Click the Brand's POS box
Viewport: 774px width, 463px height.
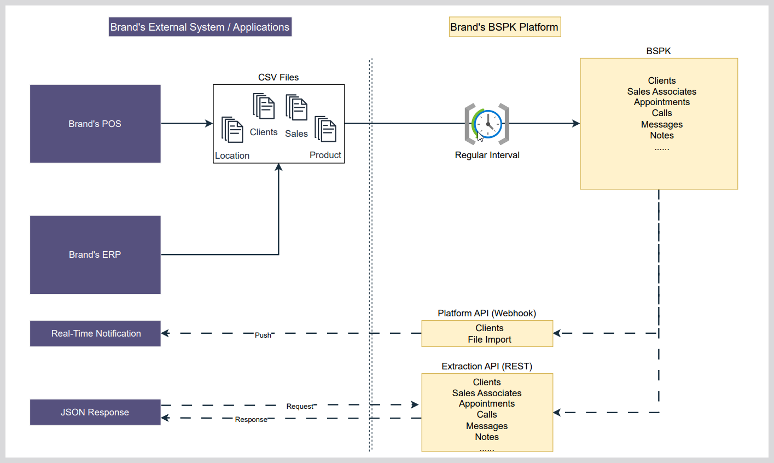click(x=95, y=124)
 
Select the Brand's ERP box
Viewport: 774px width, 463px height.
click(x=95, y=254)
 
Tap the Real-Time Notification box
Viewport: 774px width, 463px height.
click(x=95, y=333)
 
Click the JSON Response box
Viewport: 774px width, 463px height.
click(x=95, y=412)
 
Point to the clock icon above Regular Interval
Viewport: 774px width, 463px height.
click(x=487, y=124)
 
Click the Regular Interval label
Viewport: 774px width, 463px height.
click(x=487, y=155)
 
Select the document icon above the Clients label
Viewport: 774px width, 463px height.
click(x=264, y=106)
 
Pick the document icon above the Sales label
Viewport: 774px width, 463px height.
click(x=296, y=107)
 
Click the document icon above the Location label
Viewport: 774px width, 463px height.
click(x=232, y=130)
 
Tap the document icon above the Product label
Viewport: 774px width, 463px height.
click(x=325, y=129)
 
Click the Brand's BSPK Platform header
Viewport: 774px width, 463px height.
click(x=504, y=27)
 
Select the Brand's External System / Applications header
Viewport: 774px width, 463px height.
click(x=200, y=27)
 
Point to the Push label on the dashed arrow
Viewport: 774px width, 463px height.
click(x=263, y=335)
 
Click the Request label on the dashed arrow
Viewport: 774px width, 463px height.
click(x=300, y=406)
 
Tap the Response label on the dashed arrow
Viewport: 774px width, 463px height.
click(x=251, y=420)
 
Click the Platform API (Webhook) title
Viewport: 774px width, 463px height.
click(x=487, y=313)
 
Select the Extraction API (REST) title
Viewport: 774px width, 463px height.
click(x=487, y=366)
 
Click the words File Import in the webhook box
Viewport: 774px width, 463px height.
click(x=490, y=339)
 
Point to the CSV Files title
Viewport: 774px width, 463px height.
click(x=278, y=77)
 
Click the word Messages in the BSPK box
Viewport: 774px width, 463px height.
click(x=662, y=124)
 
